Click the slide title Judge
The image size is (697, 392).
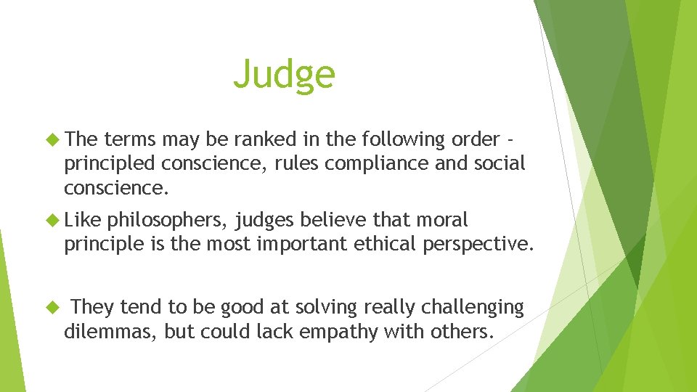(x=284, y=74)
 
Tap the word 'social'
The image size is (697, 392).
(x=498, y=164)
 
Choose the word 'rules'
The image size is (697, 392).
(x=298, y=164)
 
